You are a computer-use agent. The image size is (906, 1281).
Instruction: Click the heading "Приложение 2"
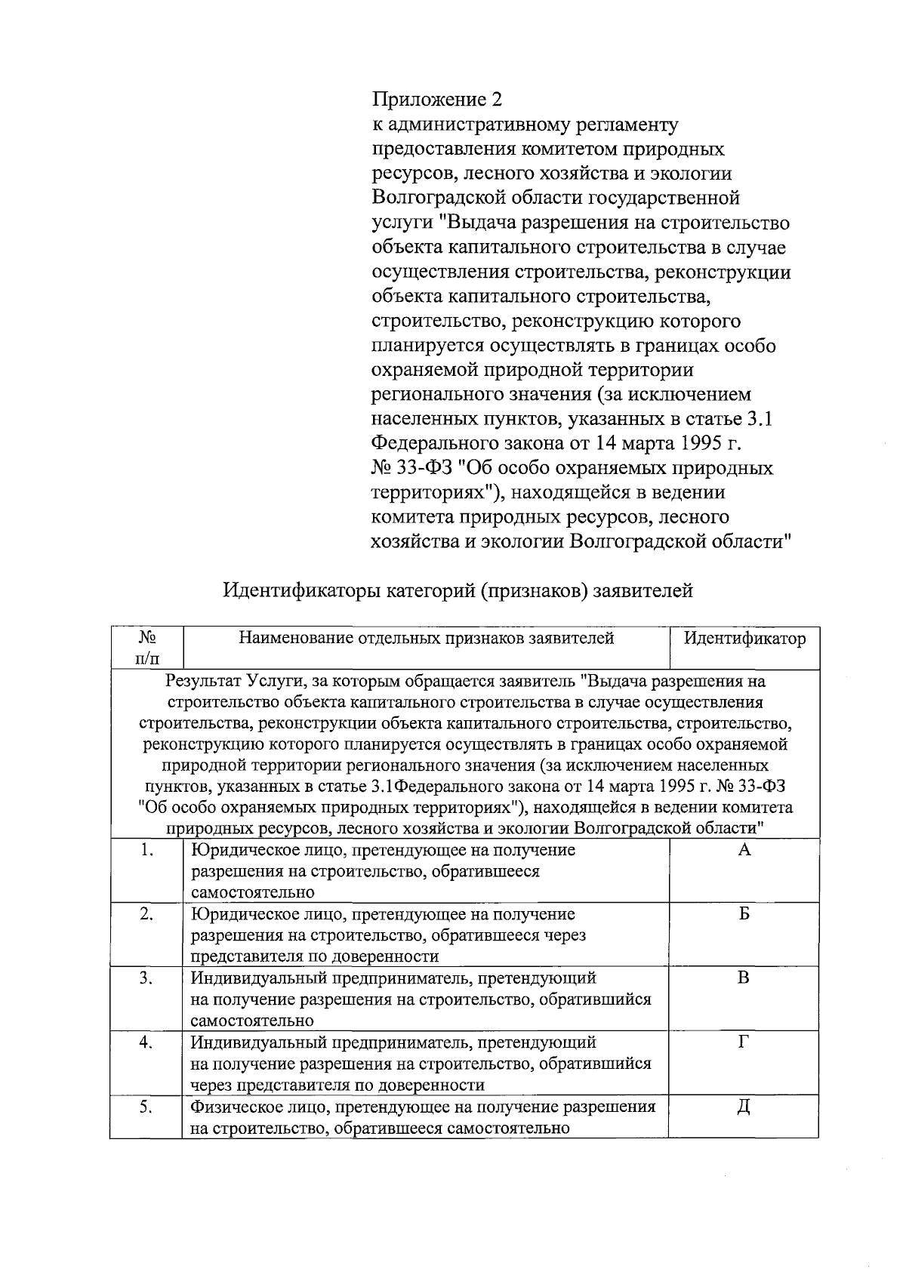[x=437, y=100]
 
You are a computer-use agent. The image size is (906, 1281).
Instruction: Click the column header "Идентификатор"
[x=744, y=639]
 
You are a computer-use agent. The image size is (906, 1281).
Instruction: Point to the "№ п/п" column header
[x=147, y=648]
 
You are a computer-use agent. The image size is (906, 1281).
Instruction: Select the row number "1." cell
[x=147, y=850]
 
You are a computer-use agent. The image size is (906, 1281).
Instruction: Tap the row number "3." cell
[x=147, y=978]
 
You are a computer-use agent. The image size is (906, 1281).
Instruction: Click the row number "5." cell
[x=147, y=1107]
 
